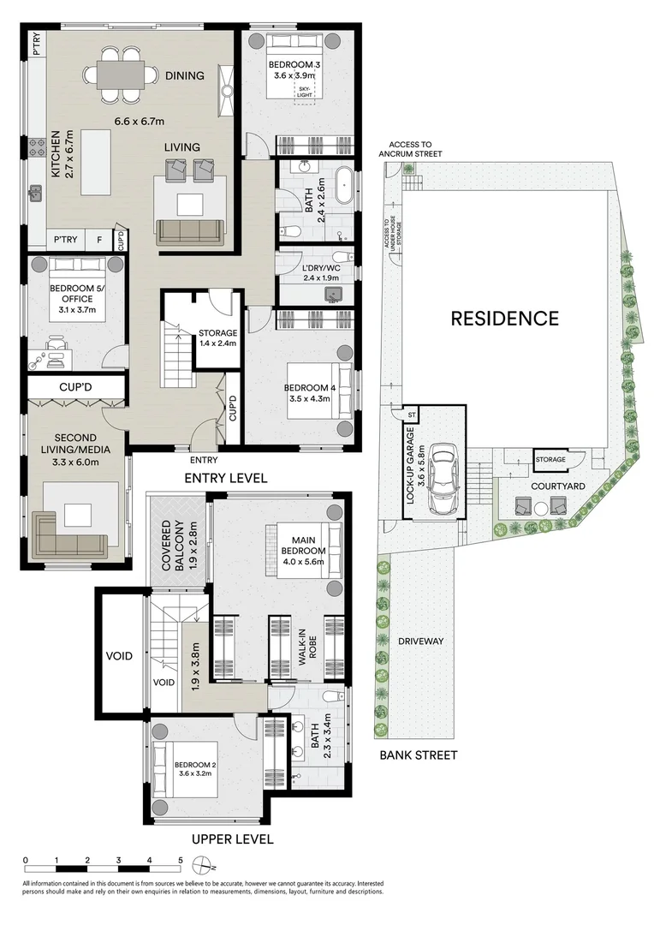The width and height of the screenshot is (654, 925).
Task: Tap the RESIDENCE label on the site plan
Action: (505, 319)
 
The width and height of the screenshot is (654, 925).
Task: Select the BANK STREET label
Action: (419, 755)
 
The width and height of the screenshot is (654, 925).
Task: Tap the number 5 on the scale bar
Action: (180, 859)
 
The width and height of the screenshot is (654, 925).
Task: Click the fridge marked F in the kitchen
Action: (99, 241)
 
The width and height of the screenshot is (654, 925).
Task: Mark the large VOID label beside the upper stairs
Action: (119, 656)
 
